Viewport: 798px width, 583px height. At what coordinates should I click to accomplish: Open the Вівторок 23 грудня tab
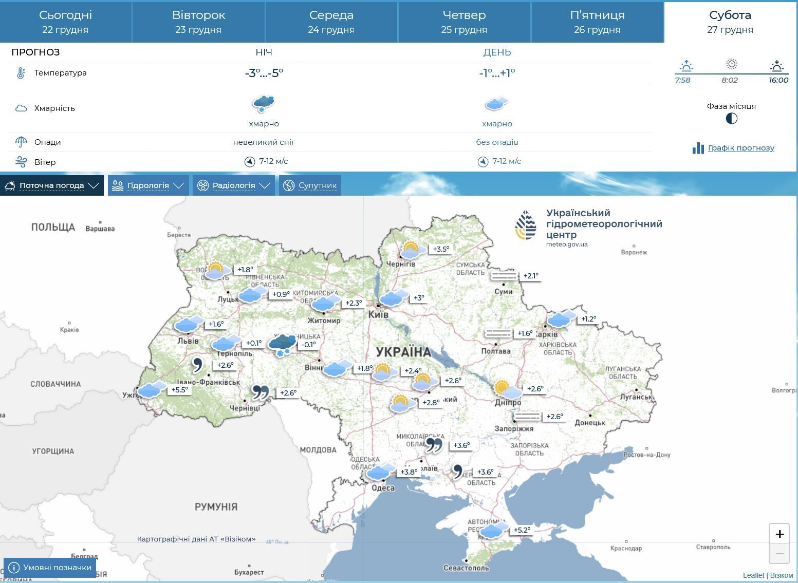click(x=198, y=22)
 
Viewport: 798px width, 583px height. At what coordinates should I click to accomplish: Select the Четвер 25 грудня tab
click(x=464, y=22)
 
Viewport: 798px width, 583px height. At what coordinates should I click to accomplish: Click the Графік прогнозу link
click(x=740, y=148)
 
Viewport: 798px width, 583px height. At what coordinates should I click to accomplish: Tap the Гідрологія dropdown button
click(x=148, y=185)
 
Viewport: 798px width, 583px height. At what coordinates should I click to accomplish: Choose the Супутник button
click(x=310, y=185)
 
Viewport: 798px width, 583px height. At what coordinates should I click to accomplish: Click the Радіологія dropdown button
click(x=233, y=185)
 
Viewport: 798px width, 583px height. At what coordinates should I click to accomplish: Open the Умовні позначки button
click(x=50, y=568)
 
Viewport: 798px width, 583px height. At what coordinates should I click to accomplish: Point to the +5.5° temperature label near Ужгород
click(x=180, y=390)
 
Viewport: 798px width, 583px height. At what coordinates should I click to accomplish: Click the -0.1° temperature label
click(x=309, y=344)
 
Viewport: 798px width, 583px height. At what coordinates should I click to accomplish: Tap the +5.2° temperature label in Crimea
click(x=522, y=530)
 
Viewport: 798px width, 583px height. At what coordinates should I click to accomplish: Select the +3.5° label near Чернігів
click(x=441, y=249)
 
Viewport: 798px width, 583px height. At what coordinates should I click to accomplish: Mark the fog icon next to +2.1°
click(x=504, y=276)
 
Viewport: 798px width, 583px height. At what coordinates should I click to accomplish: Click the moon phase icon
click(x=731, y=119)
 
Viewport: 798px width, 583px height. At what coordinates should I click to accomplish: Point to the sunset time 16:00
click(x=778, y=80)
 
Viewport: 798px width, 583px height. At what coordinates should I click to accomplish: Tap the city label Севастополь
click(x=466, y=568)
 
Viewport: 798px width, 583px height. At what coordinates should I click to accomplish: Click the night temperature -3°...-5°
click(x=264, y=73)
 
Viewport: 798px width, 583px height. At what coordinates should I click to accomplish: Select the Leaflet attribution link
click(x=753, y=575)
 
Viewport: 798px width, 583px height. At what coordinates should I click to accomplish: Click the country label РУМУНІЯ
click(x=216, y=506)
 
